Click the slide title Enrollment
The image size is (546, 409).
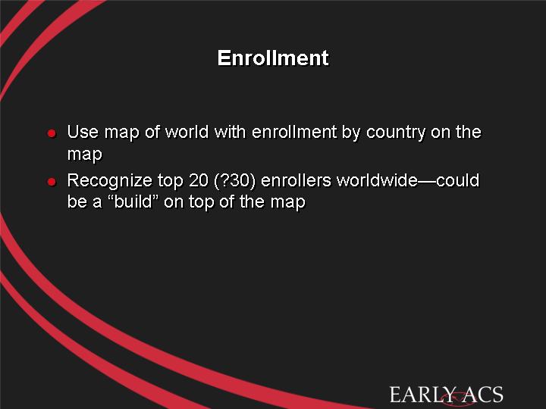(x=273, y=58)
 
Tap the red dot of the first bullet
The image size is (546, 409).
(x=52, y=133)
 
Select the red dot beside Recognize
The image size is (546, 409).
(x=52, y=182)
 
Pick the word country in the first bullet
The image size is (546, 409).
(x=396, y=133)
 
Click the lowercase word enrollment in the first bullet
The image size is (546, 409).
(x=294, y=132)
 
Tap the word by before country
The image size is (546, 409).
(x=351, y=133)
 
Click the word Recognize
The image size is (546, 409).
(x=110, y=181)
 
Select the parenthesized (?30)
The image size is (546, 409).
(x=234, y=181)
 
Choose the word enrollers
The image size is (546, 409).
(x=296, y=180)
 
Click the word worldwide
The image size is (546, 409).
(x=377, y=180)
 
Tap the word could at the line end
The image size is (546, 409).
(x=458, y=180)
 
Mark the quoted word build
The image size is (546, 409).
(x=133, y=201)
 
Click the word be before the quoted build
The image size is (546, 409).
(x=77, y=201)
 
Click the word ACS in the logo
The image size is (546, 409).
(x=483, y=395)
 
